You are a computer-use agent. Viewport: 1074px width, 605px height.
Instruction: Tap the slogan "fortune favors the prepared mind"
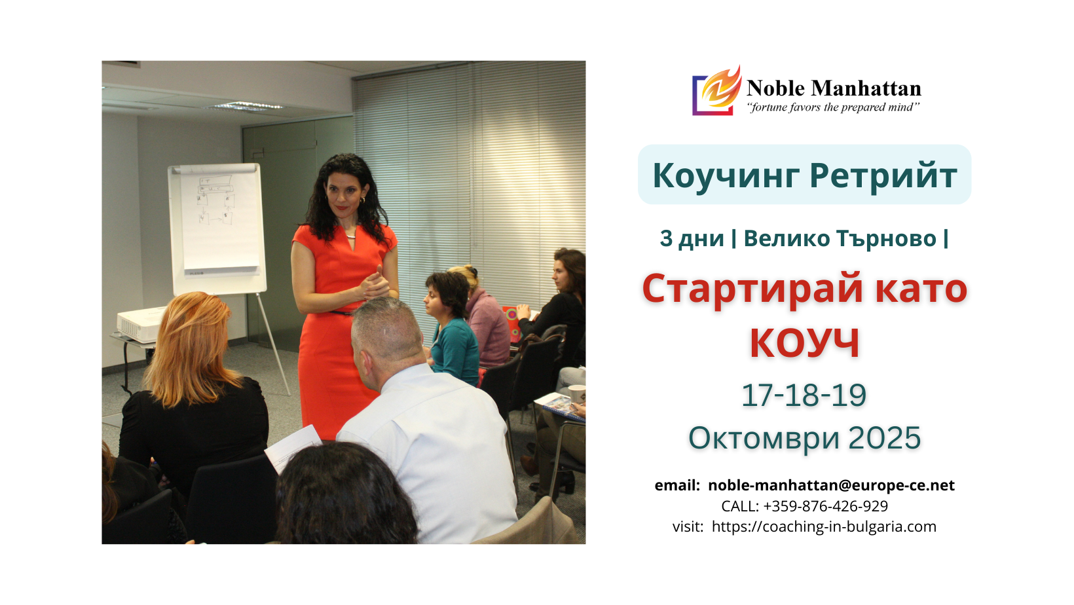coord(833,107)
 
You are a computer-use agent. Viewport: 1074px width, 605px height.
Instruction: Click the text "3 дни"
coord(692,238)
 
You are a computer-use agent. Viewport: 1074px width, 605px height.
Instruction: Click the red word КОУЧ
coord(805,342)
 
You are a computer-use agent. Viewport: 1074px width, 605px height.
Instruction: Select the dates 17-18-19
coord(804,395)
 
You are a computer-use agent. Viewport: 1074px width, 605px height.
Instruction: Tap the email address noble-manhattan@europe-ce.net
coord(832,485)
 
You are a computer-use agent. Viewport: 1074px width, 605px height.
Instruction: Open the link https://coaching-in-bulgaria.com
coord(824,526)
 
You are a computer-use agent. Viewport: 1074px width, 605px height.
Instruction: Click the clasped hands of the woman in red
coord(374,285)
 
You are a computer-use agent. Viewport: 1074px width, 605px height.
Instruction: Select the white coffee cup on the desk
coord(576,393)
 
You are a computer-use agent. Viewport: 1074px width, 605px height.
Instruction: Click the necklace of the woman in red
coord(352,235)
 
